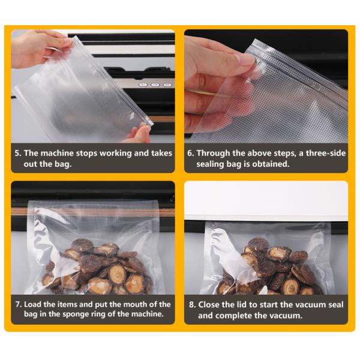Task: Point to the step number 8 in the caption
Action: pyautogui.click(x=191, y=305)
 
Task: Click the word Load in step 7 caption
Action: pyautogui.click(x=35, y=305)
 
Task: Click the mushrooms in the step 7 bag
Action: pyautogui.click(x=96, y=264)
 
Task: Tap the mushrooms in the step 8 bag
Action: pyautogui.click(x=270, y=264)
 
